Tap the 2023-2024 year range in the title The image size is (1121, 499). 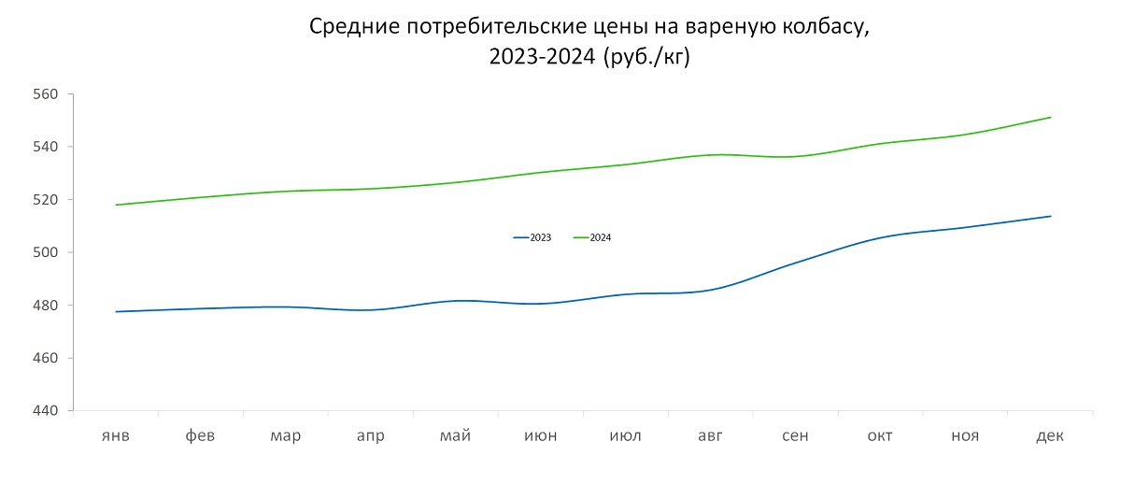tap(542, 57)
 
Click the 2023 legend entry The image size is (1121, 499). tap(532, 238)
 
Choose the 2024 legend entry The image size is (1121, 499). tap(592, 238)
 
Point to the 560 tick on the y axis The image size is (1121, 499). tap(46, 94)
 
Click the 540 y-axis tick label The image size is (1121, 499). tap(46, 147)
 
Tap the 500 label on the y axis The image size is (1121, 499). tap(46, 252)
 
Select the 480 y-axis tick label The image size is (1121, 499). tap(46, 306)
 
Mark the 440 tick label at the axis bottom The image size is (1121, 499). tap(46, 411)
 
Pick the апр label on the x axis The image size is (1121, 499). tap(370, 436)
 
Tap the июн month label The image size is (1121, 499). tap(541, 436)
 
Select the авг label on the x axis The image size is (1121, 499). tap(711, 436)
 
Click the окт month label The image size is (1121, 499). tap(881, 436)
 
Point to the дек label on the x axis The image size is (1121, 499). tap(1051, 436)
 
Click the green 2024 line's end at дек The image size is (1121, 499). tap(1051, 117)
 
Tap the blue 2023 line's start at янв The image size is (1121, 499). tap(116, 311)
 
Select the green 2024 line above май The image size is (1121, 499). tap(456, 182)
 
